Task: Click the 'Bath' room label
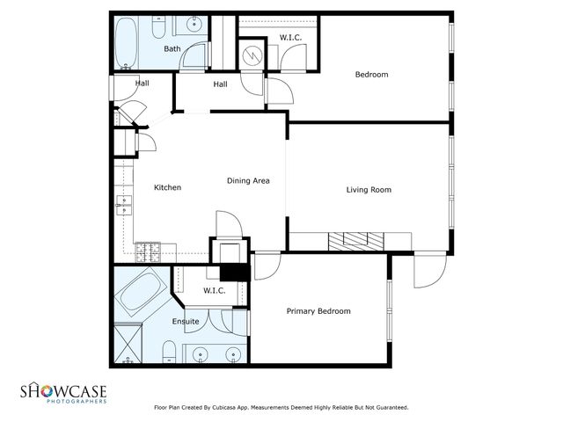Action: pyautogui.click(x=172, y=49)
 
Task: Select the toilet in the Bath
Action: pyautogui.click(x=158, y=30)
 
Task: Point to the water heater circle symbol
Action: pyautogui.click(x=252, y=55)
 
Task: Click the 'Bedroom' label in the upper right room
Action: pyautogui.click(x=371, y=75)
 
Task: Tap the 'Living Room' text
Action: pyautogui.click(x=368, y=189)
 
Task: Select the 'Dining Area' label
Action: pyautogui.click(x=248, y=181)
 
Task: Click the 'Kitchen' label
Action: pyautogui.click(x=167, y=187)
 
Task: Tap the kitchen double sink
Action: pyautogui.click(x=124, y=207)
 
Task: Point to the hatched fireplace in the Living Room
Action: pyautogui.click(x=357, y=239)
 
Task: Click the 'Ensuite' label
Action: pyautogui.click(x=185, y=322)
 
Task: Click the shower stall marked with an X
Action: pyautogui.click(x=128, y=343)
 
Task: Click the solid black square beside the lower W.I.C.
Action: pyautogui.click(x=235, y=273)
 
